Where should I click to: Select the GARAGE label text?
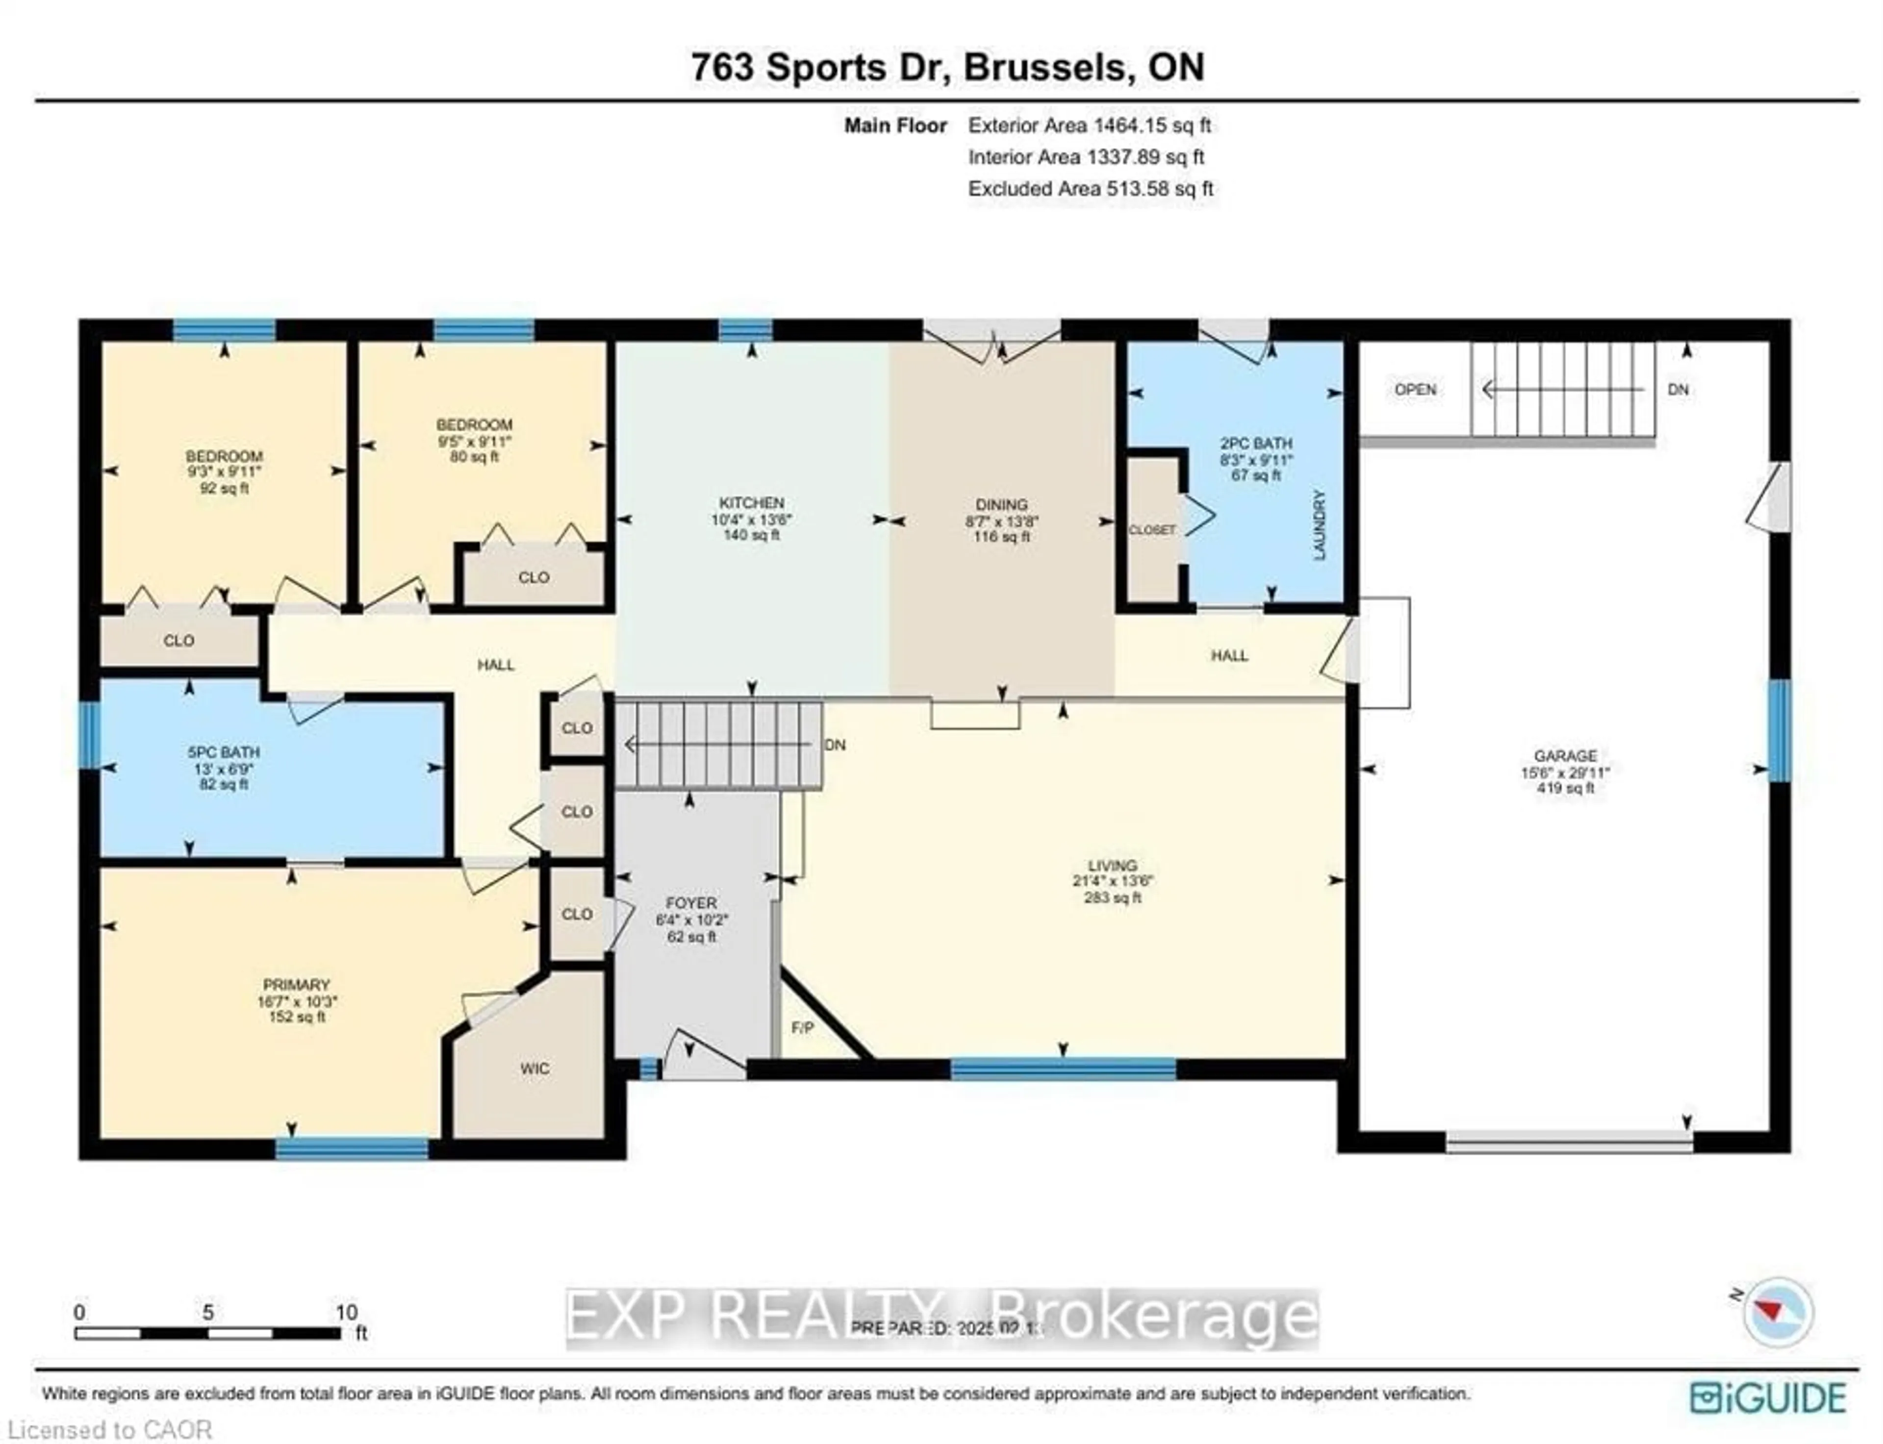pyautogui.click(x=1565, y=755)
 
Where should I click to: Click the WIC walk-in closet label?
pyautogui.click(x=534, y=1069)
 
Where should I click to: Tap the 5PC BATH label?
pyautogui.click(x=224, y=752)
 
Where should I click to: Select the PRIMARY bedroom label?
pyautogui.click(x=297, y=984)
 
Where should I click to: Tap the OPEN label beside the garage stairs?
pyautogui.click(x=1414, y=389)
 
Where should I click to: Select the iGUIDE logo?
pyautogui.click(x=1767, y=1397)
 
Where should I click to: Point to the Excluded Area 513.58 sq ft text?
pyautogui.click(x=1090, y=188)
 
